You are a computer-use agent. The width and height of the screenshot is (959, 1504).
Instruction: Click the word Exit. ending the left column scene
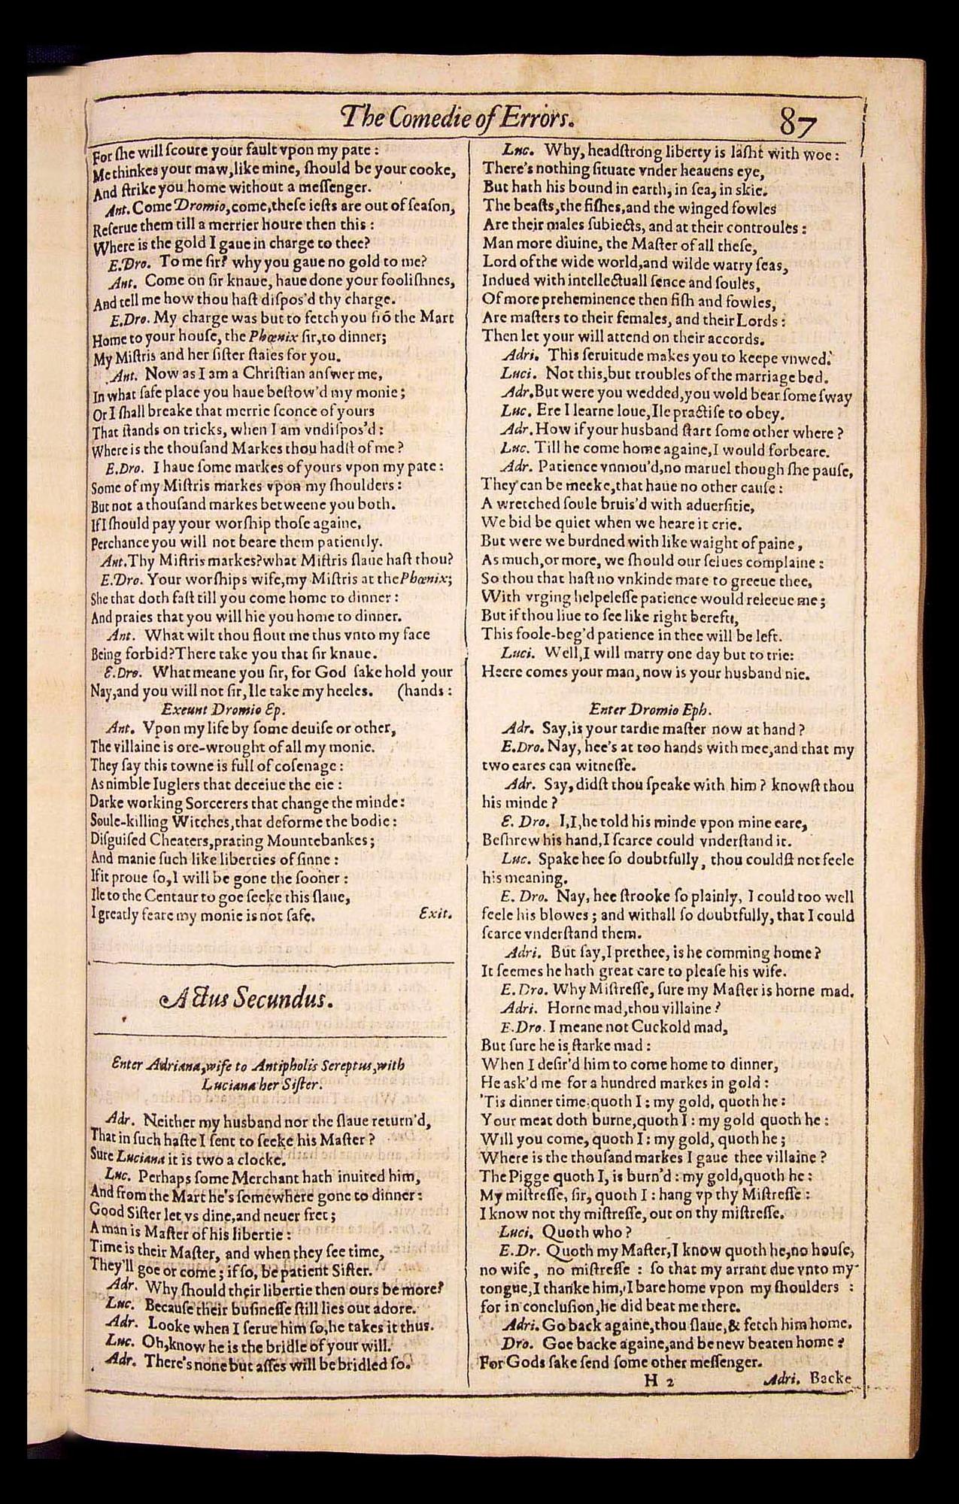tap(435, 914)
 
